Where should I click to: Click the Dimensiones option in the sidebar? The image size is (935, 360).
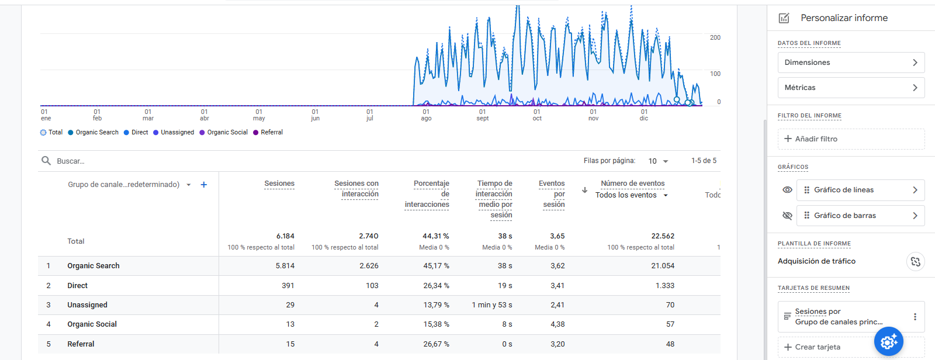pos(851,63)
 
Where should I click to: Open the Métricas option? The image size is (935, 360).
pos(851,88)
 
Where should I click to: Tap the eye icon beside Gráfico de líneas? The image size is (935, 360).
pos(787,190)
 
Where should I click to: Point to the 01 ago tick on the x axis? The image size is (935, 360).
pos(426,115)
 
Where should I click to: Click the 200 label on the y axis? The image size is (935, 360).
pos(715,37)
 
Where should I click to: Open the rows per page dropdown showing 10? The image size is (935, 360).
pos(658,161)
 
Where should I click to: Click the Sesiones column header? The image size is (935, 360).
pos(279,184)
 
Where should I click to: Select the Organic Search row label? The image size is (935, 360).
pos(93,266)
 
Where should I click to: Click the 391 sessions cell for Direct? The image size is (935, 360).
pos(288,286)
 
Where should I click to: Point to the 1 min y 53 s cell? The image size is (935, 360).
pos(491,305)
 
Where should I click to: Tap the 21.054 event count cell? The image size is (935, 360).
pos(663,266)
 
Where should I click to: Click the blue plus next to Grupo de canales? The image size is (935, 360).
pos(204,185)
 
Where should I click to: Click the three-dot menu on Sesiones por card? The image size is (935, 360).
pos(915,317)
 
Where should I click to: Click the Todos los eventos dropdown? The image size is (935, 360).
pos(631,195)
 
